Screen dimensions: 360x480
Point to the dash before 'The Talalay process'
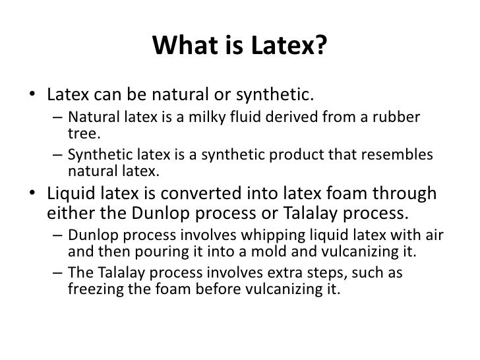pyautogui.click(x=57, y=273)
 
